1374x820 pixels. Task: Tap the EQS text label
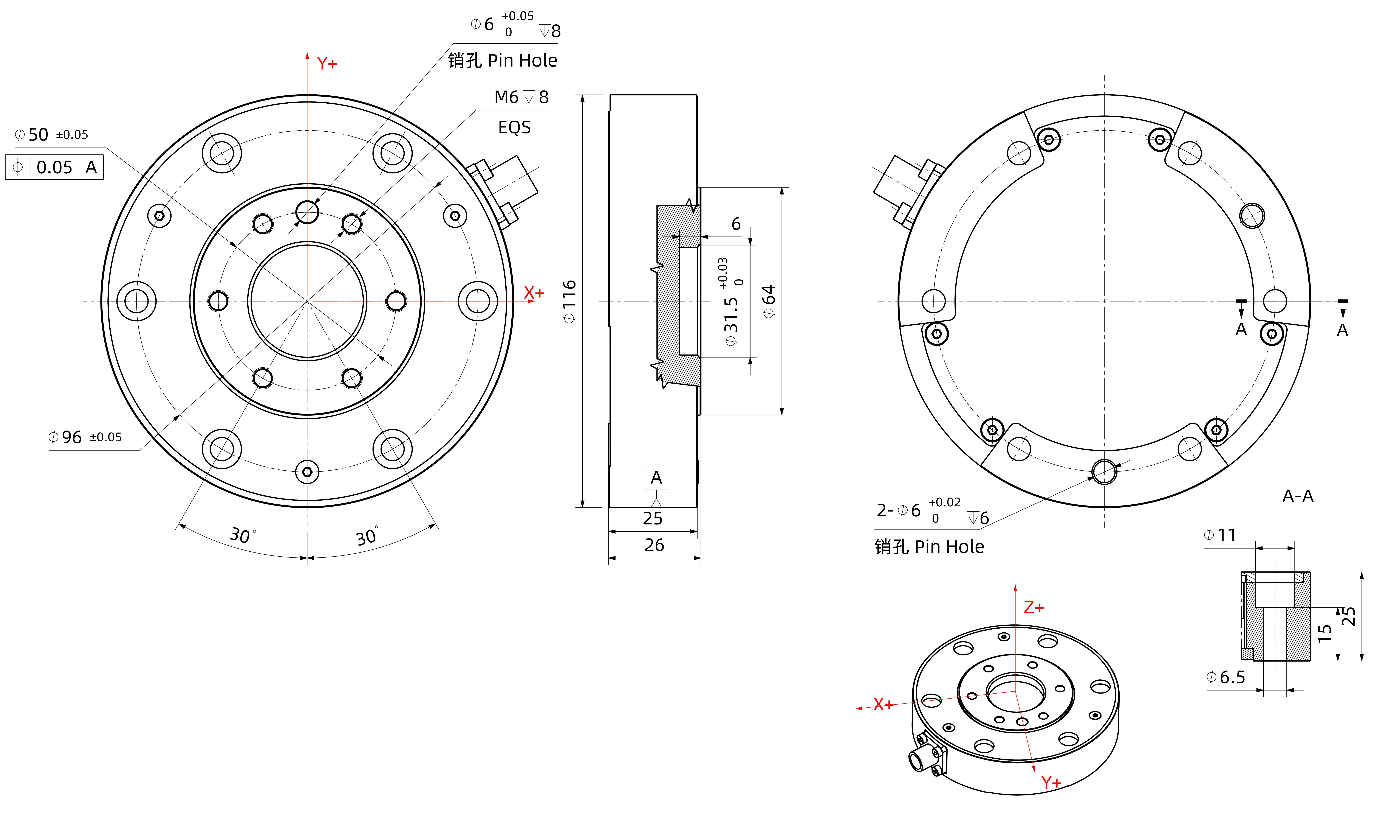(x=514, y=128)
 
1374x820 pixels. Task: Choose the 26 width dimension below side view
(x=654, y=545)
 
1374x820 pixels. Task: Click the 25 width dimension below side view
(x=653, y=518)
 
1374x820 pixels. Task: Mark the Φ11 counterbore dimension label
(x=1220, y=535)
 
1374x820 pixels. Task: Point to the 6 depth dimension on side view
(x=736, y=224)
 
